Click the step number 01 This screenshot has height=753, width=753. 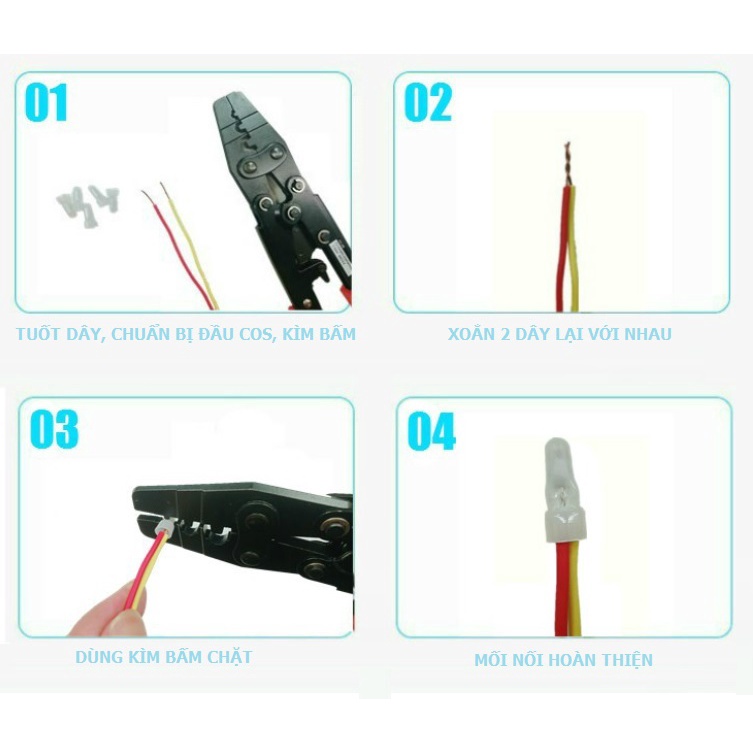(46, 103)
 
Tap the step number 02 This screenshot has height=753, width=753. (428, 103)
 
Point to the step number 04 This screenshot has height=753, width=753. (431, 431)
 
